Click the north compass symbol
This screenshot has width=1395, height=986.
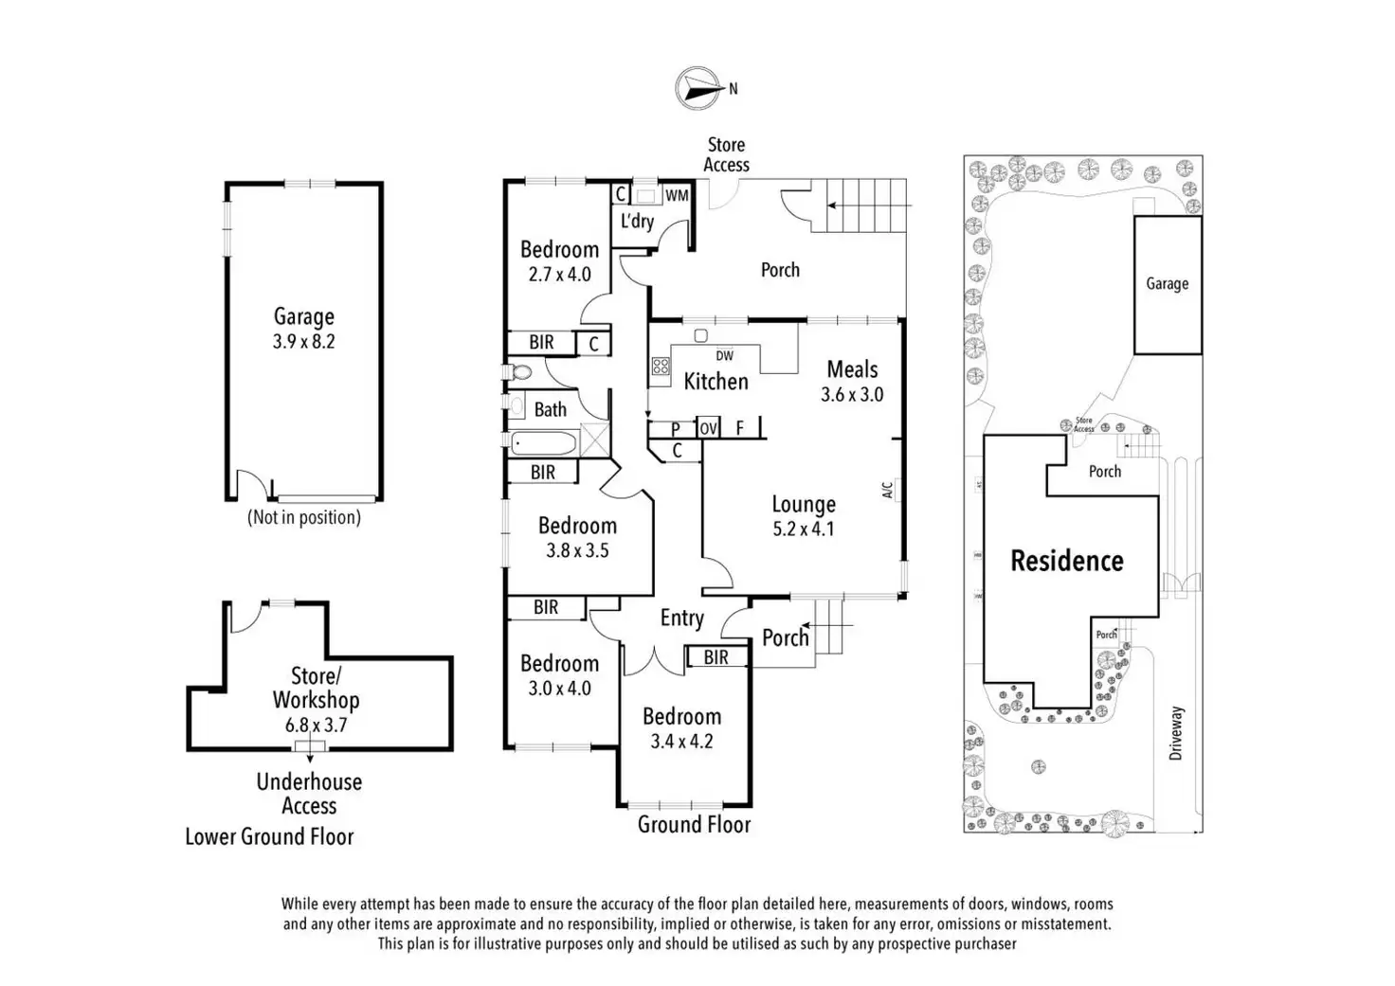pos(697,88)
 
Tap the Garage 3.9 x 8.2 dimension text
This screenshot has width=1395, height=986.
pos(304,342)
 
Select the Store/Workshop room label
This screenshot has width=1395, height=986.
pos(316,688)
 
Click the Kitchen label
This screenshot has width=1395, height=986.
pos(716,382)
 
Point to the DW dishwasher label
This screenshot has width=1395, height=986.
pos(724,356)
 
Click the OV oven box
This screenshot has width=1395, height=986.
pos(708,428)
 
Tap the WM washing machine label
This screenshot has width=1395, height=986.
pos(677,195)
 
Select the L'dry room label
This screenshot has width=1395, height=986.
pos(637,222)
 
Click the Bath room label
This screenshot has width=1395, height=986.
pos(551,410)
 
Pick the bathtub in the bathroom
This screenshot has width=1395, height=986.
pos(543,444)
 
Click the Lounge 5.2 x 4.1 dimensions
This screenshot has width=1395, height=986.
pos(804,529)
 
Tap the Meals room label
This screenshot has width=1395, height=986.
pos(852,369)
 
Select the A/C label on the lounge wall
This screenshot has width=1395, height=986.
pos(888,490)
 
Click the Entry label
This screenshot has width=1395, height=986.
pos(681,618)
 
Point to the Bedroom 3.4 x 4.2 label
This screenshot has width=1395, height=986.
pos(681,728)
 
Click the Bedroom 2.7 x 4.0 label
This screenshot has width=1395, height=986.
pos(559,261)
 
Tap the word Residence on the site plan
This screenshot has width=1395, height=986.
pos(1066,561)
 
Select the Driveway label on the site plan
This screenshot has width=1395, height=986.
pos(1177,733)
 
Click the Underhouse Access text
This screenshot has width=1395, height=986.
pos(309,794)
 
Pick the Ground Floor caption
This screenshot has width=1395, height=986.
pos(694,825)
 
